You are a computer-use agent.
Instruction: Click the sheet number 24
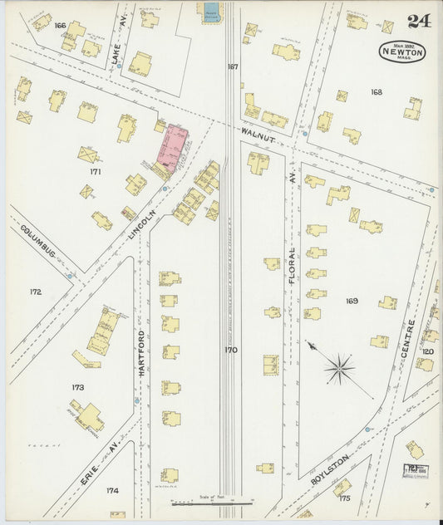pyautogui.click(x=418, y=22)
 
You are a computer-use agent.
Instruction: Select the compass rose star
pyautogui.click(x=340, y=368)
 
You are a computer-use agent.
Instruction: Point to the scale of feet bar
pyautogui.click(x=212, y=502)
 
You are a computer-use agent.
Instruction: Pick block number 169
pyautogui.click(x=352, y=301)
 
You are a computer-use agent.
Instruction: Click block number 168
pyautogui.click(x=377, y=92)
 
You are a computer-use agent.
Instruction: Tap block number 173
pyautogui.click(x=78, y=387)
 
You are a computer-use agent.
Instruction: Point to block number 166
pyautogui.click(x=59, y=25)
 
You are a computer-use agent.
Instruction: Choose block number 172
pyautogui.click(x=34, y=292)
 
